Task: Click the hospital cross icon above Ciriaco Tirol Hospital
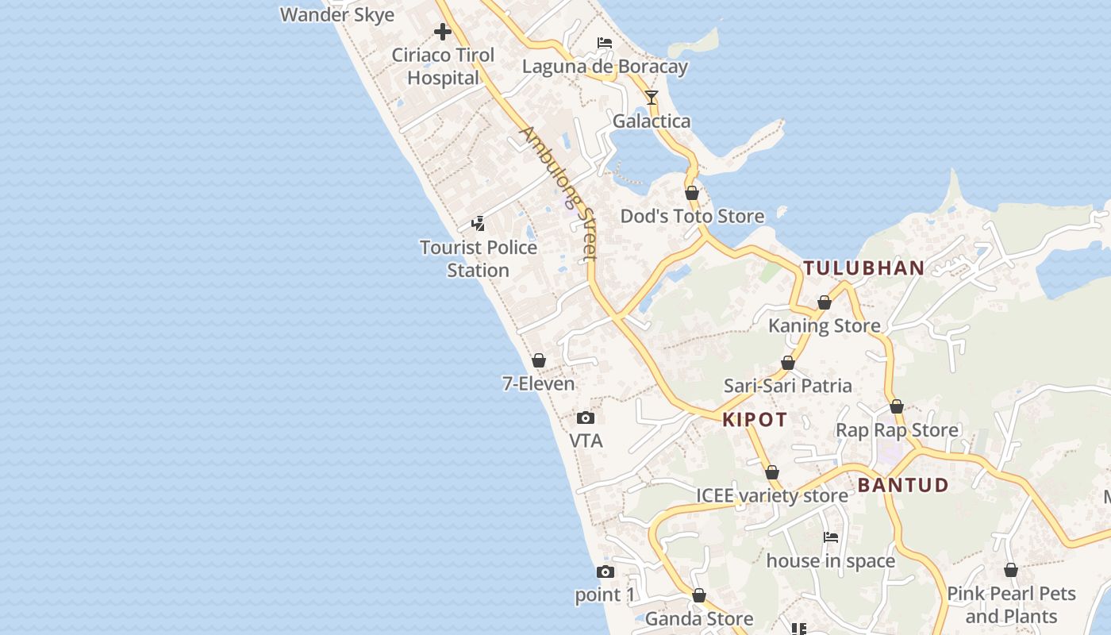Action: coord(443,32)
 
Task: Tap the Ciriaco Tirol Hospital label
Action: coord(443,67)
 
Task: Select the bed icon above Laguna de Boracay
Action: coord(605,43)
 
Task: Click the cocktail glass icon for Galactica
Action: coord(652,98)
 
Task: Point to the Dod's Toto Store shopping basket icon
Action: coord(692,193)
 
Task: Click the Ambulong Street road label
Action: coord(559,193)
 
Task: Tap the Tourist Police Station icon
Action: coord(479,224)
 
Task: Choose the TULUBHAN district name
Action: coord(863,268)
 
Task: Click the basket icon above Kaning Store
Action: coord(825,302)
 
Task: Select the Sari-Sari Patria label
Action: coord(787,387)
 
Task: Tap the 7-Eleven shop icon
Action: coord(539,360)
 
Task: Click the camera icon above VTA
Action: coord(586,418)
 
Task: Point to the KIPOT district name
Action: coord(755,420)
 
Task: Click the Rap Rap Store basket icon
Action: coord(897,406)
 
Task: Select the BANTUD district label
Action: coord(903,485)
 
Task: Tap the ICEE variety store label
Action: coord(771,496)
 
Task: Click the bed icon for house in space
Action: coord(831,537)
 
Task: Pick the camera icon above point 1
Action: coord(605,571)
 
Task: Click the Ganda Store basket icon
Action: coord(699,595)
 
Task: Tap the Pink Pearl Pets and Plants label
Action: coord(1010,605)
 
